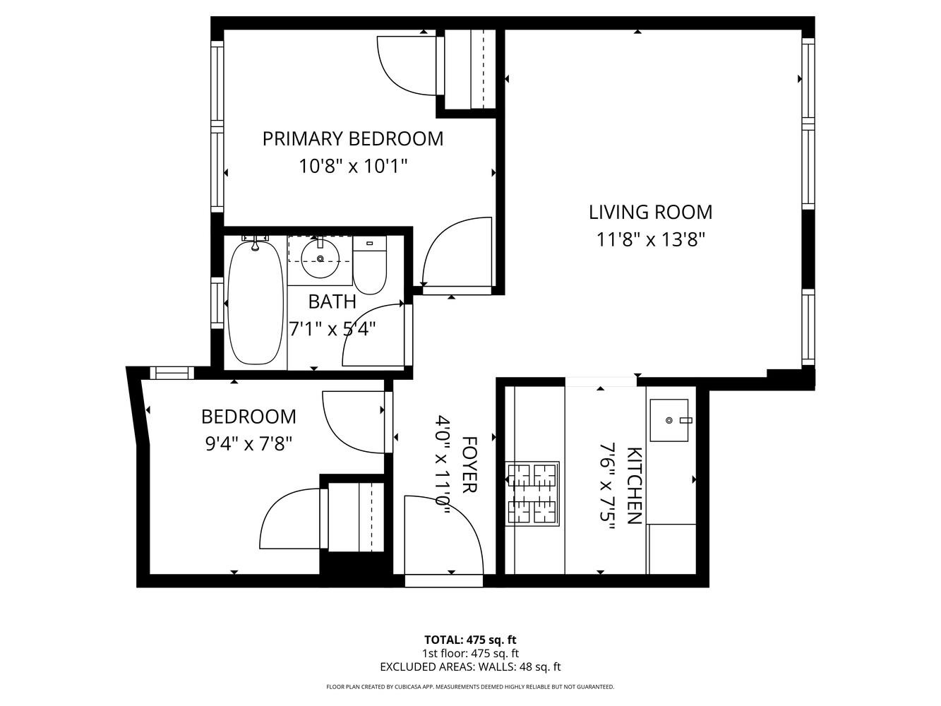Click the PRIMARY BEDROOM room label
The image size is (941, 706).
point(353,138)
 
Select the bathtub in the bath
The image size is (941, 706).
point(254,304)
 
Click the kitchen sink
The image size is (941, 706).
point(669,420)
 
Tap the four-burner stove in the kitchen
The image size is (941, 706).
point(532,493)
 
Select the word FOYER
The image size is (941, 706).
point(469,465)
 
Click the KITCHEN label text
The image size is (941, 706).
point(633,486)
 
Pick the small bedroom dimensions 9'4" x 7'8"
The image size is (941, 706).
point(248,444)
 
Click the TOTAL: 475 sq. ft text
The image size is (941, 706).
point(470,640)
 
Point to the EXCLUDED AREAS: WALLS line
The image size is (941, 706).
point(470,666)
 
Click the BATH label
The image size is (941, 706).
point(332,302)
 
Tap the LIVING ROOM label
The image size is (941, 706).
point(650,212)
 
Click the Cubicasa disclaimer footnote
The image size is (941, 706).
point(470,687)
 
